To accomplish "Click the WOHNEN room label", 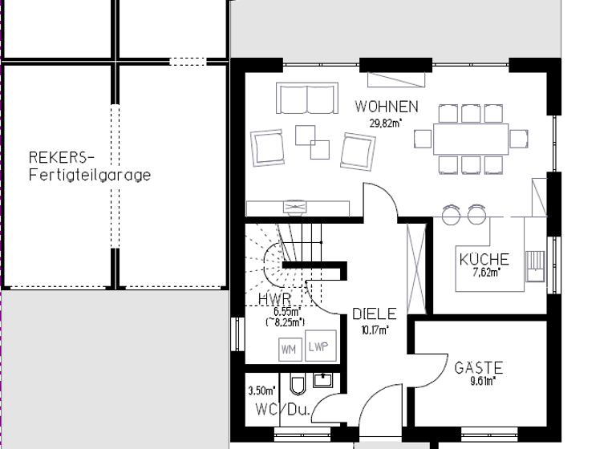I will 387,107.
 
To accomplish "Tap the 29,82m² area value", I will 386,123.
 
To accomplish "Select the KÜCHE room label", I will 484,260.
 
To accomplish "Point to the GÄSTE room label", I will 478,368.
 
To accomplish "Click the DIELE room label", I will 375,314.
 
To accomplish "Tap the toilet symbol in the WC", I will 298,386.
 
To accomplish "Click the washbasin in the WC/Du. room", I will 324,380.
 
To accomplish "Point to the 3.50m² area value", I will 261,391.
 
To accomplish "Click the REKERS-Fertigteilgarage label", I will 89,165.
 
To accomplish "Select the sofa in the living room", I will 306,99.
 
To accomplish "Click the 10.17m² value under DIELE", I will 374,329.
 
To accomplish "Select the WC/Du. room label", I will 282,410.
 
